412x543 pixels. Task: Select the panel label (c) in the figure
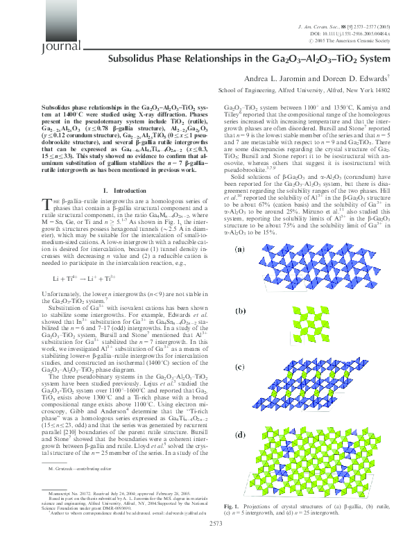(239, 365)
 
